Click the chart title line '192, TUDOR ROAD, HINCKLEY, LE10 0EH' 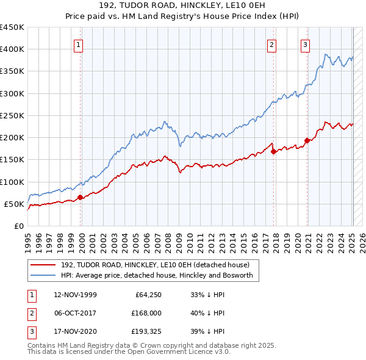[x=183, y=7]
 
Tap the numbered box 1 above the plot [x=79, y=44]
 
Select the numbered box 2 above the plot [x=271, y=44]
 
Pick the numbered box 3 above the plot [x=304, y=44]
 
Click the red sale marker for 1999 [x=81, y=197]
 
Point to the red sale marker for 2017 [x=273, y=151]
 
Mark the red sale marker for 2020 [x=307, y=140]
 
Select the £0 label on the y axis [x=18, y=226]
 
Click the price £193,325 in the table [x=145, y=331]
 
